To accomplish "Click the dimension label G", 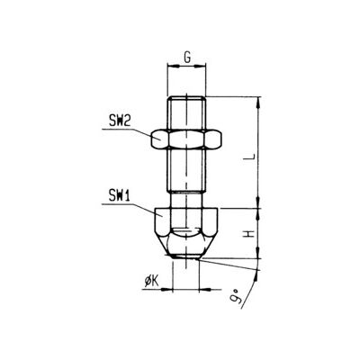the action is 187,58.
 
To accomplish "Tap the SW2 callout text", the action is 120,121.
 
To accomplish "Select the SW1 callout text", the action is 119,196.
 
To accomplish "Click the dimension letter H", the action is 249,234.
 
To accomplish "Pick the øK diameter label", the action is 151,282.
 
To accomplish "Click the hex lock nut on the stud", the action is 186,139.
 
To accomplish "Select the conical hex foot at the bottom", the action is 186,233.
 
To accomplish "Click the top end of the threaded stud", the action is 186,97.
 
